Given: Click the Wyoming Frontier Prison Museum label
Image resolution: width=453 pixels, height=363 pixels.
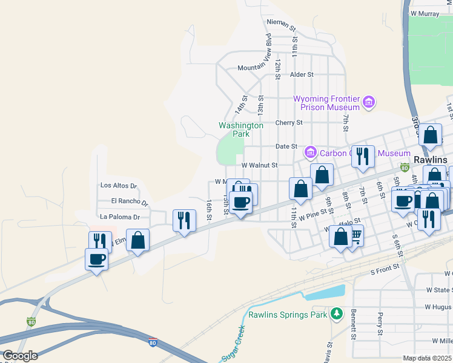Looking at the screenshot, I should (x=327, y=103).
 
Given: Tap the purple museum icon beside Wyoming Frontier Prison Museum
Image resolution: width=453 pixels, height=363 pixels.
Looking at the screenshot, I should (x=369, y=103).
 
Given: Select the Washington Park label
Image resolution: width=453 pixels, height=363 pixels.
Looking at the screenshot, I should (x=241, y=129).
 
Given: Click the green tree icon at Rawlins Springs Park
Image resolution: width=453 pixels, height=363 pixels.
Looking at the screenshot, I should (x=337, y=314).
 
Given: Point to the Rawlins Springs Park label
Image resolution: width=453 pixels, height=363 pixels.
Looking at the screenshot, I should (x=288, y=314).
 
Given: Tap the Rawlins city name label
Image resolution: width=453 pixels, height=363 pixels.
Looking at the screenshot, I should (x=431, y=160).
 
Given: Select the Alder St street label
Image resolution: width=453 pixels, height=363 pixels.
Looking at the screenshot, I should (x=302, y=74).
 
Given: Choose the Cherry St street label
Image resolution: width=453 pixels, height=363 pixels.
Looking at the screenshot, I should (x=288, y=122).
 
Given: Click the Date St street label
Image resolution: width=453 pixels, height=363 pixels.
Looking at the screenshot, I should (x=286, y=146).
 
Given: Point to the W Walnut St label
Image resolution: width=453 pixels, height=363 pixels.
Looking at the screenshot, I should (x=259, y=165).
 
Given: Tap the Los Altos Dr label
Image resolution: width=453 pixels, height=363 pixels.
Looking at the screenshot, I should (x=119, y=186).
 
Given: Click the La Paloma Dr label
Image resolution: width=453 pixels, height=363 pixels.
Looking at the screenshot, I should (x=120, y=217).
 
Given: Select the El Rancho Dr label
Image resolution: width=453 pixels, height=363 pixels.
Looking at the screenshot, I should (x=130, y=201).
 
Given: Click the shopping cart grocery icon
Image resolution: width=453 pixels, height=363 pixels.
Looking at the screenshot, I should (x=355, y=235).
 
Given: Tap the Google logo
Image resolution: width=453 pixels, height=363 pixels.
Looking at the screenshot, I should (x=20, y=356).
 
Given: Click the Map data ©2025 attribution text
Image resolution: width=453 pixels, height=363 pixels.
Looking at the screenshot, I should (x=428, y=358).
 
